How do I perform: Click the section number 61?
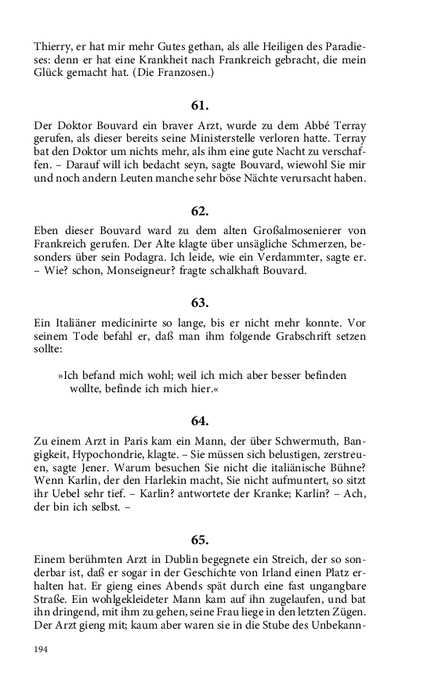tap(200, 105)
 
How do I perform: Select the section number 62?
tap(200, 211)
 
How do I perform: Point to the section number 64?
tap(200, 422)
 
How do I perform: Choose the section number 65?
tap(200, 539)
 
